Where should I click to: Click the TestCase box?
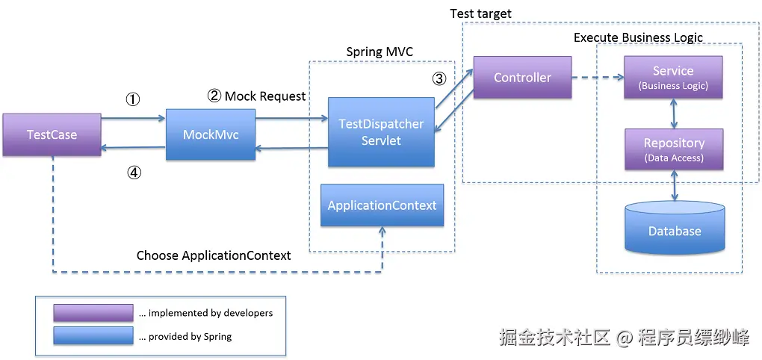click(x=52, y=134)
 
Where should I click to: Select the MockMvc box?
click(x=210, y=134)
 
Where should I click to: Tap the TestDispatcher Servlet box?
click(x=381, y=132)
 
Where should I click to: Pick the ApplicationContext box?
click(x=382, y=205)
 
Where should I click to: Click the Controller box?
click(x=522, y=77)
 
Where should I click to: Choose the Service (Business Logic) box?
click(x=673, y=78)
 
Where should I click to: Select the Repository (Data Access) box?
click(x=674, y=149)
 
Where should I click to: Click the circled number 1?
click(x=132, y=99)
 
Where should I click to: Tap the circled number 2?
click(x=214, y=96)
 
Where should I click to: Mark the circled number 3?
click(x=439, y=78)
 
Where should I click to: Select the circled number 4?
click(x=133, y=173)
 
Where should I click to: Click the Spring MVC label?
click(x=380, y=52)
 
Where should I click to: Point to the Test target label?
click(x=480, y=14)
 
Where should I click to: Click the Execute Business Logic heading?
click(x=638, y=37)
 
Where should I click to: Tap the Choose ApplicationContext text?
click(x=214, y=255)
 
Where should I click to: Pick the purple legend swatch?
click(x=93, y=313)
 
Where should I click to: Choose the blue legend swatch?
click(x=93, y=336)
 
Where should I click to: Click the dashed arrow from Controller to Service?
click(x=598, y=77)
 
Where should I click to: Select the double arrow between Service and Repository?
click(x=675, y=114)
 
